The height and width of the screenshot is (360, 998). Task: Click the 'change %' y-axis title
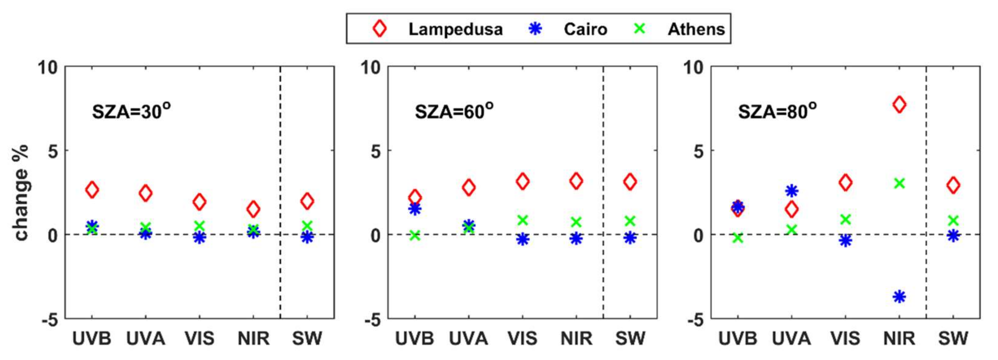click(21, 193)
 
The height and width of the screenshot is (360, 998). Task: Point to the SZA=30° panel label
click(131, 112)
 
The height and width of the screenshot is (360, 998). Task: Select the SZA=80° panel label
click(777, 112)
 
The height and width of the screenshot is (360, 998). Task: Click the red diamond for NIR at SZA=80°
click(899, 105)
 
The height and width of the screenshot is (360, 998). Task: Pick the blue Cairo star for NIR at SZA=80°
click(899, 297)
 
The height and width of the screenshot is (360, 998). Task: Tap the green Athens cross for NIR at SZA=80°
click(899, 183)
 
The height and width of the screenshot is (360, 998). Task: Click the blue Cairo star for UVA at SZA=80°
click(792, 191)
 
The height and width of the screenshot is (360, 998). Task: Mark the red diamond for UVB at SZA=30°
click(92, 189)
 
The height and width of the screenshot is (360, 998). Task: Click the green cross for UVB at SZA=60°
click(415, 235)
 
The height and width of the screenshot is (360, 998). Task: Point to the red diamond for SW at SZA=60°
click(630, 181)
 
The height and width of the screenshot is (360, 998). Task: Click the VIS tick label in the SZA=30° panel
click(199, 339)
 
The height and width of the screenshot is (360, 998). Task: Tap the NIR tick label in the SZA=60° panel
click(576, 339)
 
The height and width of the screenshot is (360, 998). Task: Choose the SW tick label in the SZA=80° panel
click(953, 339)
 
